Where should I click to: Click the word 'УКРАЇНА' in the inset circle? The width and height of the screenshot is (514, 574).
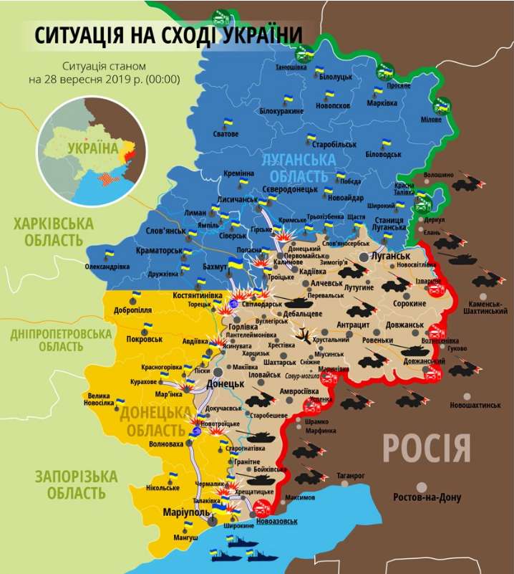tap(93, 148)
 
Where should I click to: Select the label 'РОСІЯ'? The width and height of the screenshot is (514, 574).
tap(427, 448)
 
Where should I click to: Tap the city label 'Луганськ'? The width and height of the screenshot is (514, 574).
tap(391, 256)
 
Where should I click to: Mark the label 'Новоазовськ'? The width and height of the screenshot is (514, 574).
tap(276, 521)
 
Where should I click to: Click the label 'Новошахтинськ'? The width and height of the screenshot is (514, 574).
tap(475, 406)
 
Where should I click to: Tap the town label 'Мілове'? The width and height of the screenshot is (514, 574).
tap(430, 119)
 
